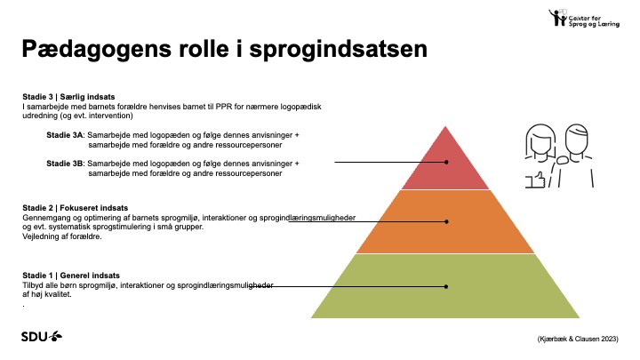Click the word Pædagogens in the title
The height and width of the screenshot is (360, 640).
[97, 50]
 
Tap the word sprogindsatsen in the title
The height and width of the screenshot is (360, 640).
[339, 50]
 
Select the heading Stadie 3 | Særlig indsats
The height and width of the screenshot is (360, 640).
[68, 97]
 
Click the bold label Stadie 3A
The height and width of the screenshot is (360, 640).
[65, 135]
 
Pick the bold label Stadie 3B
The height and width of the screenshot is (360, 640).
[65, 164]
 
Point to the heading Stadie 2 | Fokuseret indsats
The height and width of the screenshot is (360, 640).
[75, 208]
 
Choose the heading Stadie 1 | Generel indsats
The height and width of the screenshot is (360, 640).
[71, 276]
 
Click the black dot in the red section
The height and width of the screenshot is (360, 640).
[446, 162]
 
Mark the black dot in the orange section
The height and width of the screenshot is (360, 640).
[446, 221]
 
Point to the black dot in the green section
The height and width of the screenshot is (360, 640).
[446, 286]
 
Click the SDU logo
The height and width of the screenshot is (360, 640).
[42, 336]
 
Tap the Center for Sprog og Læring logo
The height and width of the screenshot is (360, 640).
[584, 18]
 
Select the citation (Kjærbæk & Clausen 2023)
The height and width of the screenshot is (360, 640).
[578, 339]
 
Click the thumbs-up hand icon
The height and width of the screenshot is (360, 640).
[535, 180]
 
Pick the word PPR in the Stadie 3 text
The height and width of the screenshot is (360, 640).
[224, 107]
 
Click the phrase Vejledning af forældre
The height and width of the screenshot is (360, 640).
[62, 236]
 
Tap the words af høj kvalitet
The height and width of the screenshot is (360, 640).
[47, 294]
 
